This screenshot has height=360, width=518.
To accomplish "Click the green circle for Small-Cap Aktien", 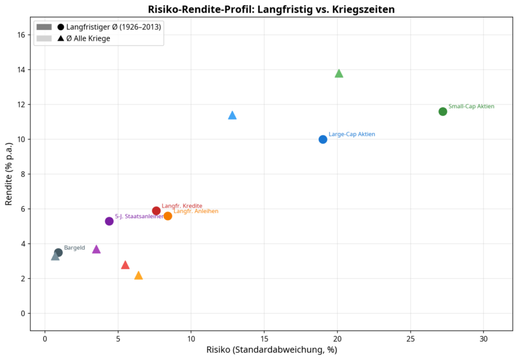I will tap(442, 111).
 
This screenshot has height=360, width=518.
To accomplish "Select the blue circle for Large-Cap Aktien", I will tap(323, 139).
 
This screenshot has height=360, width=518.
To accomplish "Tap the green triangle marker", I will tap(339, 74).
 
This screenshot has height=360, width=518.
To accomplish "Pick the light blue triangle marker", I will tap(232, 115).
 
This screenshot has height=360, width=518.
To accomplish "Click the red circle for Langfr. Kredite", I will tap(156, 211).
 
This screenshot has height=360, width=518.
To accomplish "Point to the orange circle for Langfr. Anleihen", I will tap(168, 216).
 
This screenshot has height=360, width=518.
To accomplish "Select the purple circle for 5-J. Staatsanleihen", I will tap(109, 221).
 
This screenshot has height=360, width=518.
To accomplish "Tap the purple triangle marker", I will tap(96, 249).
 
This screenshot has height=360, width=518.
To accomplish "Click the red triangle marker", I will tap(126, 265).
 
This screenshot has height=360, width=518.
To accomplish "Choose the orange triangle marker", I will tap(138, 275).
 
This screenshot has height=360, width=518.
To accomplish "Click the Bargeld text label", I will tap(74, 248).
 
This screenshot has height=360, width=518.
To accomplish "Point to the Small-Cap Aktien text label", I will tap(471, 107).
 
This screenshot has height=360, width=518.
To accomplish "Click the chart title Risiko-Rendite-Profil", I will tap(271, 9).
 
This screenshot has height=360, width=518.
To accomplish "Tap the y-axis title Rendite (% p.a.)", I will tap(9, 174).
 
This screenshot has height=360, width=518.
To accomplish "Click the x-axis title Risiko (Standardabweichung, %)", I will tap(271, 350).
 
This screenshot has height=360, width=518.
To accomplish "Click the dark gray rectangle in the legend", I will tap(44, 27).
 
